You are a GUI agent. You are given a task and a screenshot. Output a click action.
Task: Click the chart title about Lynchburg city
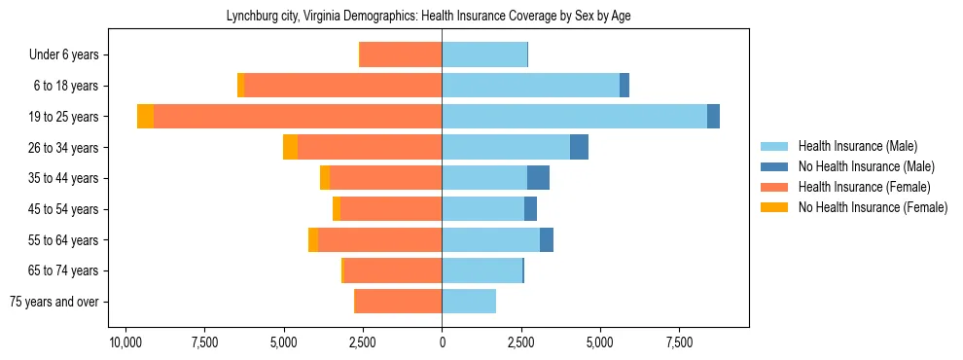pyautogui.click(x=442, y=17)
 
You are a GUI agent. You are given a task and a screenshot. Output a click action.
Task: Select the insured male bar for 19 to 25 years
pyautogui.click(x=574, y=117)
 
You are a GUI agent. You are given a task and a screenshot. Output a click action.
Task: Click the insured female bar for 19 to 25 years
pyautogui.click(x=298, y=117)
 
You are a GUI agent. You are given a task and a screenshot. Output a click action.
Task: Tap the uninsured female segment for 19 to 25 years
pyautogui.click(x=145, y=117)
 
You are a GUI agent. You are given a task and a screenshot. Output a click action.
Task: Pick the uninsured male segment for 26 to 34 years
pyautogui.click(x=579, y=147)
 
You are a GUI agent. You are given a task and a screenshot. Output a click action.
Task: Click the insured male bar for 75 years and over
pyautogui.click(x=469, y=302)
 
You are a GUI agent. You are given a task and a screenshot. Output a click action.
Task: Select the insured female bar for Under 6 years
pyautogui.click(x=401, y=54)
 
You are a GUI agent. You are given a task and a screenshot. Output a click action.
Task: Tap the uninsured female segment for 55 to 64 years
pyautogui.click(x=313, y=240)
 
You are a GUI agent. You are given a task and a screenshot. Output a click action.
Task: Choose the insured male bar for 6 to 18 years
pyautogui.click(x=530, y=86)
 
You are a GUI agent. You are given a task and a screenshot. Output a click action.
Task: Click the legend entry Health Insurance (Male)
pyautogui.click(x=857, y=146)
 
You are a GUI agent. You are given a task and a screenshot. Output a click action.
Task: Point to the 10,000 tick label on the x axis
pyautogui.click(x=125, y=343)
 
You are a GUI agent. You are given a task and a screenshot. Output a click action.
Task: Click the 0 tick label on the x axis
pyautogui.click(x=442, y=343)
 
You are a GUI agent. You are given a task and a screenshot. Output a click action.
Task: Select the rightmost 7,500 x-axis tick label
pyautogui.click(x=679, y=343)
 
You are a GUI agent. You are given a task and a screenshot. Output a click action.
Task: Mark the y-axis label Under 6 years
pyautogui.click(x=69, y=55)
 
